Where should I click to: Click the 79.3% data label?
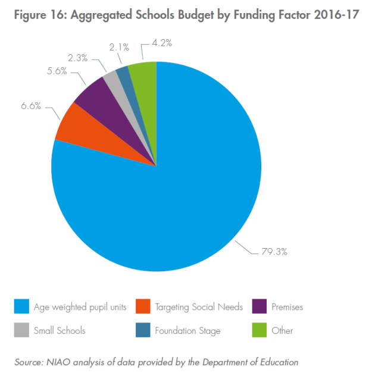[274, 252]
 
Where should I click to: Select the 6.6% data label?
[30, 106]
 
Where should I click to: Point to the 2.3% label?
[77, 58]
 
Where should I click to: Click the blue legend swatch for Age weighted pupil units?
[21, 307]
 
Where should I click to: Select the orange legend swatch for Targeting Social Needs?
[142, 307]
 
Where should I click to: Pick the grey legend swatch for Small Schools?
[21, 331]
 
